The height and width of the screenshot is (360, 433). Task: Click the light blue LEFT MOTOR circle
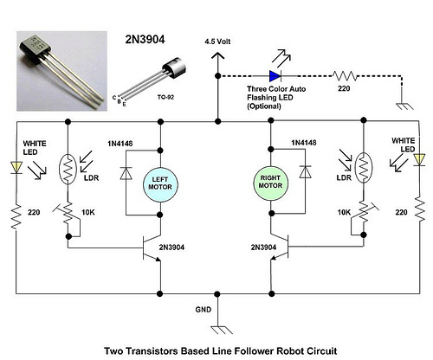[160, 184]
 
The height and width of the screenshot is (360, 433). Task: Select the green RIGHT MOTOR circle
[270, 183]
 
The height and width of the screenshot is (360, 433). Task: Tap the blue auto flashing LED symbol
[275, 76]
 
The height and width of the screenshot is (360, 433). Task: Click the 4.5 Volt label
[217, 42]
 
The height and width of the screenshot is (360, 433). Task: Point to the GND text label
[204, 310]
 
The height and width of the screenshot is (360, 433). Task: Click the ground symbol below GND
[222, 330]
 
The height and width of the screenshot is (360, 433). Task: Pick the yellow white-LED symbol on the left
[16, 168]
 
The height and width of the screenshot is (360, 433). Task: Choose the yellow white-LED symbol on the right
[419, 160]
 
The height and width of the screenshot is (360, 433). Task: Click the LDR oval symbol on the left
[68, 170]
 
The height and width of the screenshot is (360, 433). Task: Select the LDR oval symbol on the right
[364, 168]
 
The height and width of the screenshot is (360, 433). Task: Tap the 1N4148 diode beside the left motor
[126, 173]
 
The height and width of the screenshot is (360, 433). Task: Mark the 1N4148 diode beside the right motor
[306, 172]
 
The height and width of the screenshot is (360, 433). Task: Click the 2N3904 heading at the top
[145, 40]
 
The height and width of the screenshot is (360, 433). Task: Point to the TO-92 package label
[165, 97]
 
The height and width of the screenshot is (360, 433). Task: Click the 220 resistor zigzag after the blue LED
[345, 76]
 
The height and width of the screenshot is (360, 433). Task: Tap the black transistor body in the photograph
[36, 49]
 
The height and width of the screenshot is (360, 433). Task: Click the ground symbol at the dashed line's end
[404, 106]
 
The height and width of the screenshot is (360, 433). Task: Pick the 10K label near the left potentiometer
[88, 212]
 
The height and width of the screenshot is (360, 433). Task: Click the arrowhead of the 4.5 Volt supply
[217, 55]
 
